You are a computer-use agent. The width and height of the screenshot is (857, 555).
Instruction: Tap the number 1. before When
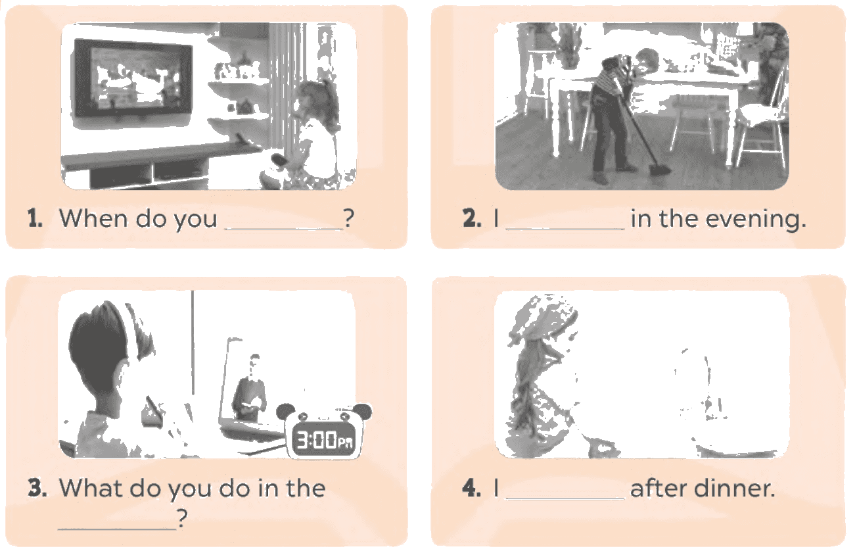(35, 218)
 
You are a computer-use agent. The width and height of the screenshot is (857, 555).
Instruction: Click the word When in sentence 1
(93, 218)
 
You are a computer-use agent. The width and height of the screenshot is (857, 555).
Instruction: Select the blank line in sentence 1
(283, 229)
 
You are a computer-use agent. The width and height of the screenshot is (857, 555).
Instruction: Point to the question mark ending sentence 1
(348, 218)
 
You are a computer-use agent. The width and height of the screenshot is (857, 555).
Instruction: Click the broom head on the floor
(660, 169)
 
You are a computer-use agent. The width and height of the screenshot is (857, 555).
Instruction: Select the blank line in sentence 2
(565, 229)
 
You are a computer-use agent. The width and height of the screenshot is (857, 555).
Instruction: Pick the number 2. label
(472, 218)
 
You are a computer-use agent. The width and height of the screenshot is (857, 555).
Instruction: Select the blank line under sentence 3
(117, 529)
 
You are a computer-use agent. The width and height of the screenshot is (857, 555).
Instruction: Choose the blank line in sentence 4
(565, 498)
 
